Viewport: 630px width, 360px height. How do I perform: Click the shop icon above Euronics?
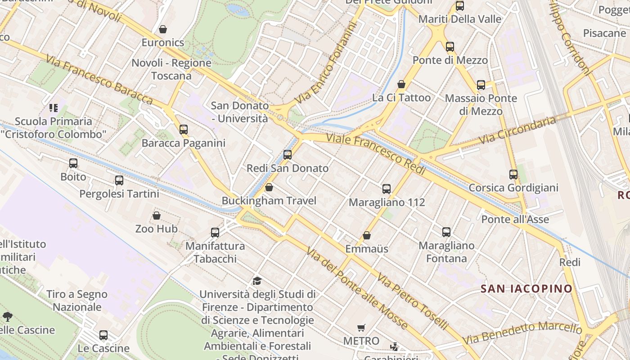coord(163,29)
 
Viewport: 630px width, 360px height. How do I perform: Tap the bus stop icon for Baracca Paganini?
coord(184,130)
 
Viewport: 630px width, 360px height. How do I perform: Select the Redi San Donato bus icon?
coord(288,155)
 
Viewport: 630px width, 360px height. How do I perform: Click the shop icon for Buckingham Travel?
coord(269,187)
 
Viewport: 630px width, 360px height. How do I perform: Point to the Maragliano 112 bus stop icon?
coord(387,189)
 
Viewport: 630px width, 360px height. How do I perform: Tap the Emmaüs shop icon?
coord(367,235)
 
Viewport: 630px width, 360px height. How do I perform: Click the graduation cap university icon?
coord(257,281)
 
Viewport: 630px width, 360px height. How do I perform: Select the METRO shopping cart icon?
coord(361,328)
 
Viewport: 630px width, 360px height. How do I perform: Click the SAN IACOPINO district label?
coord(526,288)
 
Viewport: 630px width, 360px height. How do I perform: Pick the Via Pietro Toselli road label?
coord(413,301)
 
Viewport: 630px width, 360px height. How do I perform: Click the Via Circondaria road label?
coord(517,130)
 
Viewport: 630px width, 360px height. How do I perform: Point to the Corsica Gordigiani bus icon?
coord(513,175)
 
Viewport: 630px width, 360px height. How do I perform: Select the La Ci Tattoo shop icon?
coord(401,84)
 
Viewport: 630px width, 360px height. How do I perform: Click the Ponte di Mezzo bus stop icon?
coord(450,47)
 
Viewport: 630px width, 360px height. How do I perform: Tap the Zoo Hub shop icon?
coord(157,216)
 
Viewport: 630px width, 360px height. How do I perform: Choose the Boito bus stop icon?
coord(73,163)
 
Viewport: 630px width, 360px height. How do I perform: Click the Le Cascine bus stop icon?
coord(103,335)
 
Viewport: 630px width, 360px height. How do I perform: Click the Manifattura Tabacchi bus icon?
coord(215,233)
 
